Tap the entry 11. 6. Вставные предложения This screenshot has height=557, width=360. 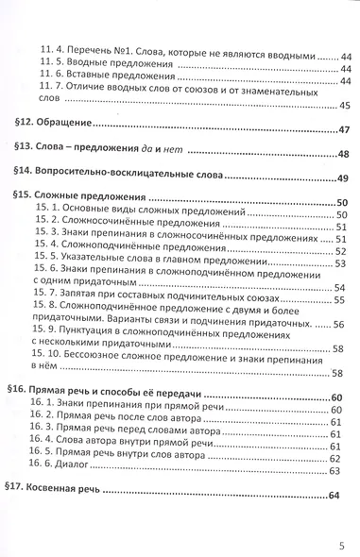click(103, 82)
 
